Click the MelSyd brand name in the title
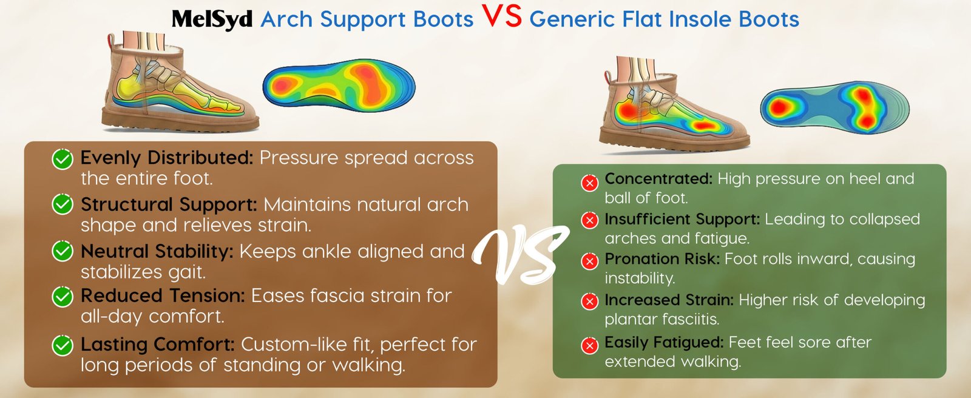pyautogui.click(x=212, y=19)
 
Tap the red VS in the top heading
pyautogui.click(x=501, y=16)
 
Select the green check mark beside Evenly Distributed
pyautogui.click(x=63, y=159)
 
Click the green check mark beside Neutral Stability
pyautogui.click(x=63, y=251)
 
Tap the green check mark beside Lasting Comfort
pyautogui.click(x=63, y=346)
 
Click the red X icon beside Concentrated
pyautogui.click(x=589, y=183)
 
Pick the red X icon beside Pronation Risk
pyautogui.click(x=589, y=261)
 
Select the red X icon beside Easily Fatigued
pyautogui.click(x=589, y=346)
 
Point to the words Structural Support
pyautogui.click(x=169, y=204)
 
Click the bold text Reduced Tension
pyautogui.click(x=163, y=295)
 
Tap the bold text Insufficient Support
pyautogui.click(x=682, y=220)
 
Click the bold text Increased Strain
pyautogui.click(x=669, y=300)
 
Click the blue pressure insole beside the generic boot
pyautogui.click(x=834, y=107)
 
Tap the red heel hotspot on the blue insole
pyautogui.click(x=779, y=106)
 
